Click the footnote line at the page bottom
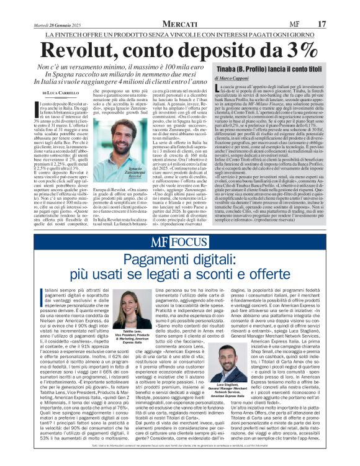pyautogui.click(x=180, y=460)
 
